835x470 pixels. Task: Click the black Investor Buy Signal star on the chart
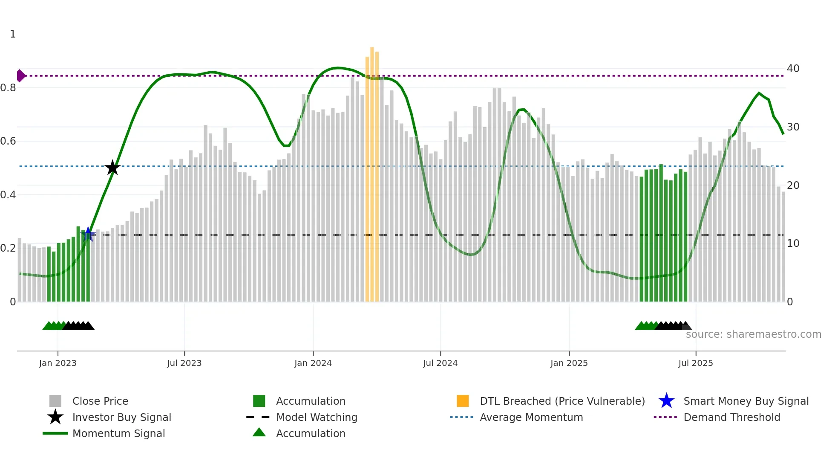click(x=112, y=168)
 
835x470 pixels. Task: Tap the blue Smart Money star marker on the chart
click(x=88, y=234)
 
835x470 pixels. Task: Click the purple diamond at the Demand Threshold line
click(x=20, y=76)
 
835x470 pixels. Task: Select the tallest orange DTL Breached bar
click(x=372, y=171)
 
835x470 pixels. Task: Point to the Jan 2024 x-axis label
click(x=313, y=363)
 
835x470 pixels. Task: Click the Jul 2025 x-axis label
click(x=695, y=363)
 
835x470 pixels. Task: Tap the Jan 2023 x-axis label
click(x=58, y=363)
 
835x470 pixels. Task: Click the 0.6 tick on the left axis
click(x=9, y=141)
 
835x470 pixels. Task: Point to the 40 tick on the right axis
click(x=793, y=69)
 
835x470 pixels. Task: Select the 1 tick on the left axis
click(x=13, y=34)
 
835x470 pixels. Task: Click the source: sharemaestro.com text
click(x=753, y=334)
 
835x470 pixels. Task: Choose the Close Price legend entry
click(x=100, y=401)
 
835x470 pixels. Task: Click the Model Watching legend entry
click(x=317, y=417)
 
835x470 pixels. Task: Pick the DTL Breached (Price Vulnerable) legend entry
click(x=562, y=401)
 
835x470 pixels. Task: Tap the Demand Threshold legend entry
click(x=731, y=417)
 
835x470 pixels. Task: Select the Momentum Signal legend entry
click(x=118, y=433)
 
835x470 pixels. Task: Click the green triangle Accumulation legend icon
click(x=259, y=432)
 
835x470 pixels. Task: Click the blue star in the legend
click(x=666, y=401)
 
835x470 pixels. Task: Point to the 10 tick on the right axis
click(x=793, y=244)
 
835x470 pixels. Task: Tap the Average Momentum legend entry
click(x=531, y=417)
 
